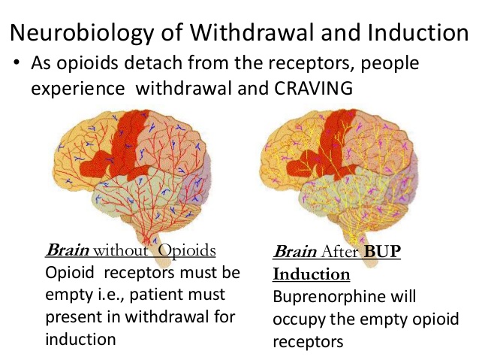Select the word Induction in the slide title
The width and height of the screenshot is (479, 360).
[x=418, y=32]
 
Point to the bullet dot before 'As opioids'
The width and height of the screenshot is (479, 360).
[x=17, y=62]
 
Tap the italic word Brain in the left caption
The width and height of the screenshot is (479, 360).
[x=68, y=250]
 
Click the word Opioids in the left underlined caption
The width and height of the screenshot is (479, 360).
[x=187, y=251]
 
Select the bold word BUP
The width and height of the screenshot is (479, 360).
[x=382, y=251]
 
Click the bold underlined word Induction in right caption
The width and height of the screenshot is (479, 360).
[x=312, y=274]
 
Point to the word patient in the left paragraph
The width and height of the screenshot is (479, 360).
[x=156, y=295]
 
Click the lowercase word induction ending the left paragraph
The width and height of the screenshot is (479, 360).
[x=80, y=339]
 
